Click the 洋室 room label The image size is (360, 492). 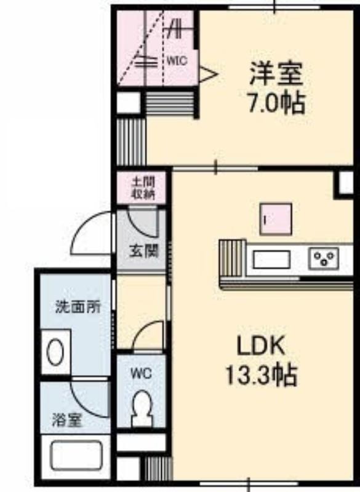276,74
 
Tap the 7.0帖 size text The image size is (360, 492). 276,103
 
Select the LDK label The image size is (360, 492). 261,346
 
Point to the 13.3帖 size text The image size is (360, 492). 261,376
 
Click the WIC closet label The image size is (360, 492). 177,60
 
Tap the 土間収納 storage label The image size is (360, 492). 143,188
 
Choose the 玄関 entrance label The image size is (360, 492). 144,251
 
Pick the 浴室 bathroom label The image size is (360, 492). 67,420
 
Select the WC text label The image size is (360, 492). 142,373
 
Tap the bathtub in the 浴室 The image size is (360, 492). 76,456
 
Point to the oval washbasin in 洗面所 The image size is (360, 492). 55,351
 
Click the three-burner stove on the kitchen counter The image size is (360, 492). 324,258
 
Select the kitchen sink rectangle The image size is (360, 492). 272,260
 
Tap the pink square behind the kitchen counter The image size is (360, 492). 276,220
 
